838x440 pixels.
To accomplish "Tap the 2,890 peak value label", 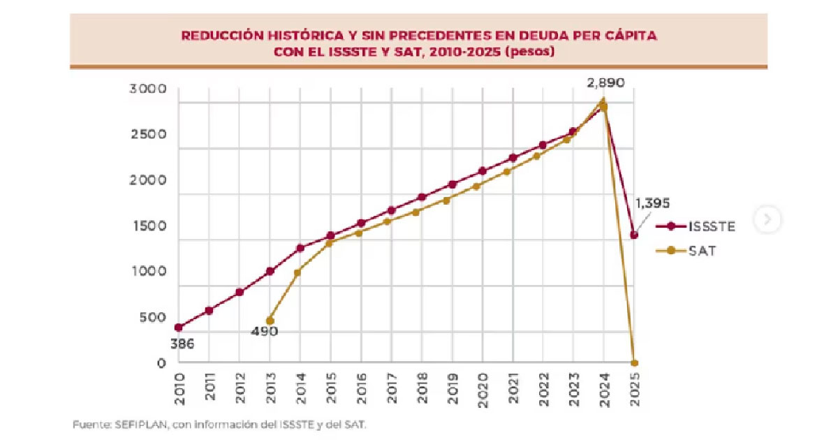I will pyautogui.click(x=605, y=83).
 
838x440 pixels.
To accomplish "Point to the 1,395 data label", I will pyautogui.click(x=652, y=204).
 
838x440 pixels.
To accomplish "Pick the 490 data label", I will pyautogui.click(x=265, y=331).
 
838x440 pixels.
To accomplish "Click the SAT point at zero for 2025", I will pyautogui.click(x=634, y=363).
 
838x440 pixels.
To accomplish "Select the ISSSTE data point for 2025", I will pyautogui.click(x=634, y=235).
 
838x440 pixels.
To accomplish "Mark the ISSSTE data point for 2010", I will pyautogui.click(x=179, y=327).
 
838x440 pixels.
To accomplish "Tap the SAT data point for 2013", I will pyautogui.click(x=270, y=321).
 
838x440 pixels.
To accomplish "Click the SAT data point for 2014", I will pyautogui.click(x=297, y=272).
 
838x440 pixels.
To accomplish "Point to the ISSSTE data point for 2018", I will pyautogui.click(x=421, y=198).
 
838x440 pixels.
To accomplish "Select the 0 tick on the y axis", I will pyautogui.click(x=162, y=363).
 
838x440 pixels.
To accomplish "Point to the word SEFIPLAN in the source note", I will pyautogui.click(x=133, y=424).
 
